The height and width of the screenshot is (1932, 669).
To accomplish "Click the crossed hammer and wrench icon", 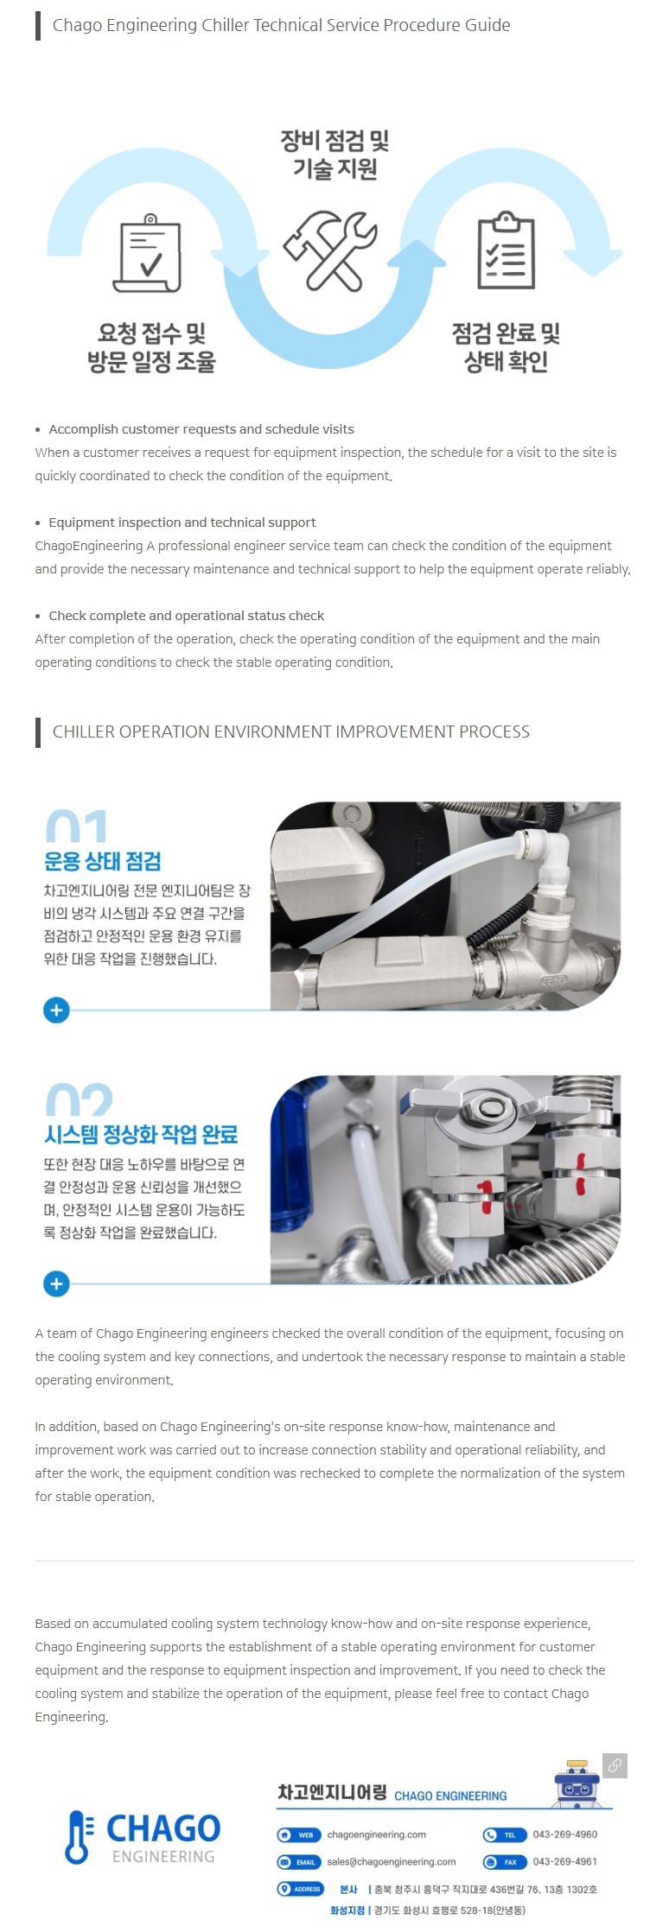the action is click(330, 250).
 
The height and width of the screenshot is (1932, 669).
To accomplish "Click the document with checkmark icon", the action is click(148, 253).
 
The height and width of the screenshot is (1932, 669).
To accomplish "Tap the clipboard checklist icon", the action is click(507, 250).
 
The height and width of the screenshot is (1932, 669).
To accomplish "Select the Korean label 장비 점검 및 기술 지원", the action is click(334, 154).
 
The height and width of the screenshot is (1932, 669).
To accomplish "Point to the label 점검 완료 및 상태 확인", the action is click(507, 347).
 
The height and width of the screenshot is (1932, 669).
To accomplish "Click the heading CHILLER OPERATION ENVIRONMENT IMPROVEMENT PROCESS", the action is click(291, 732).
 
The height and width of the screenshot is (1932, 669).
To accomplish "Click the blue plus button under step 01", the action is click(56, 1010).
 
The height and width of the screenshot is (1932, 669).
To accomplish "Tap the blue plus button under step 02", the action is click(56, 1283).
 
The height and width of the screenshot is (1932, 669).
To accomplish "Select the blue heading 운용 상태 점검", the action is click(103, 861).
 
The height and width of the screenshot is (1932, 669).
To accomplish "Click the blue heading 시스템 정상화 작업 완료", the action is click(141, 1134).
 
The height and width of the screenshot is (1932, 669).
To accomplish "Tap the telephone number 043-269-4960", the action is click(565, 1834).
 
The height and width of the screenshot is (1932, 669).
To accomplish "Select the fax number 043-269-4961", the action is click(565, 1861).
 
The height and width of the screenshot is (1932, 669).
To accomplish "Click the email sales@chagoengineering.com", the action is click(391, 1861).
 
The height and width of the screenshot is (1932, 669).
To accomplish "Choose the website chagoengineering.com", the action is click(376, 1834).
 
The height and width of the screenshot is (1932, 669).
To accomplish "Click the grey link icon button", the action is click(615, 1765).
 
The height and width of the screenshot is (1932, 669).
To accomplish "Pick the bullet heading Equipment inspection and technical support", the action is click(182, 523).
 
